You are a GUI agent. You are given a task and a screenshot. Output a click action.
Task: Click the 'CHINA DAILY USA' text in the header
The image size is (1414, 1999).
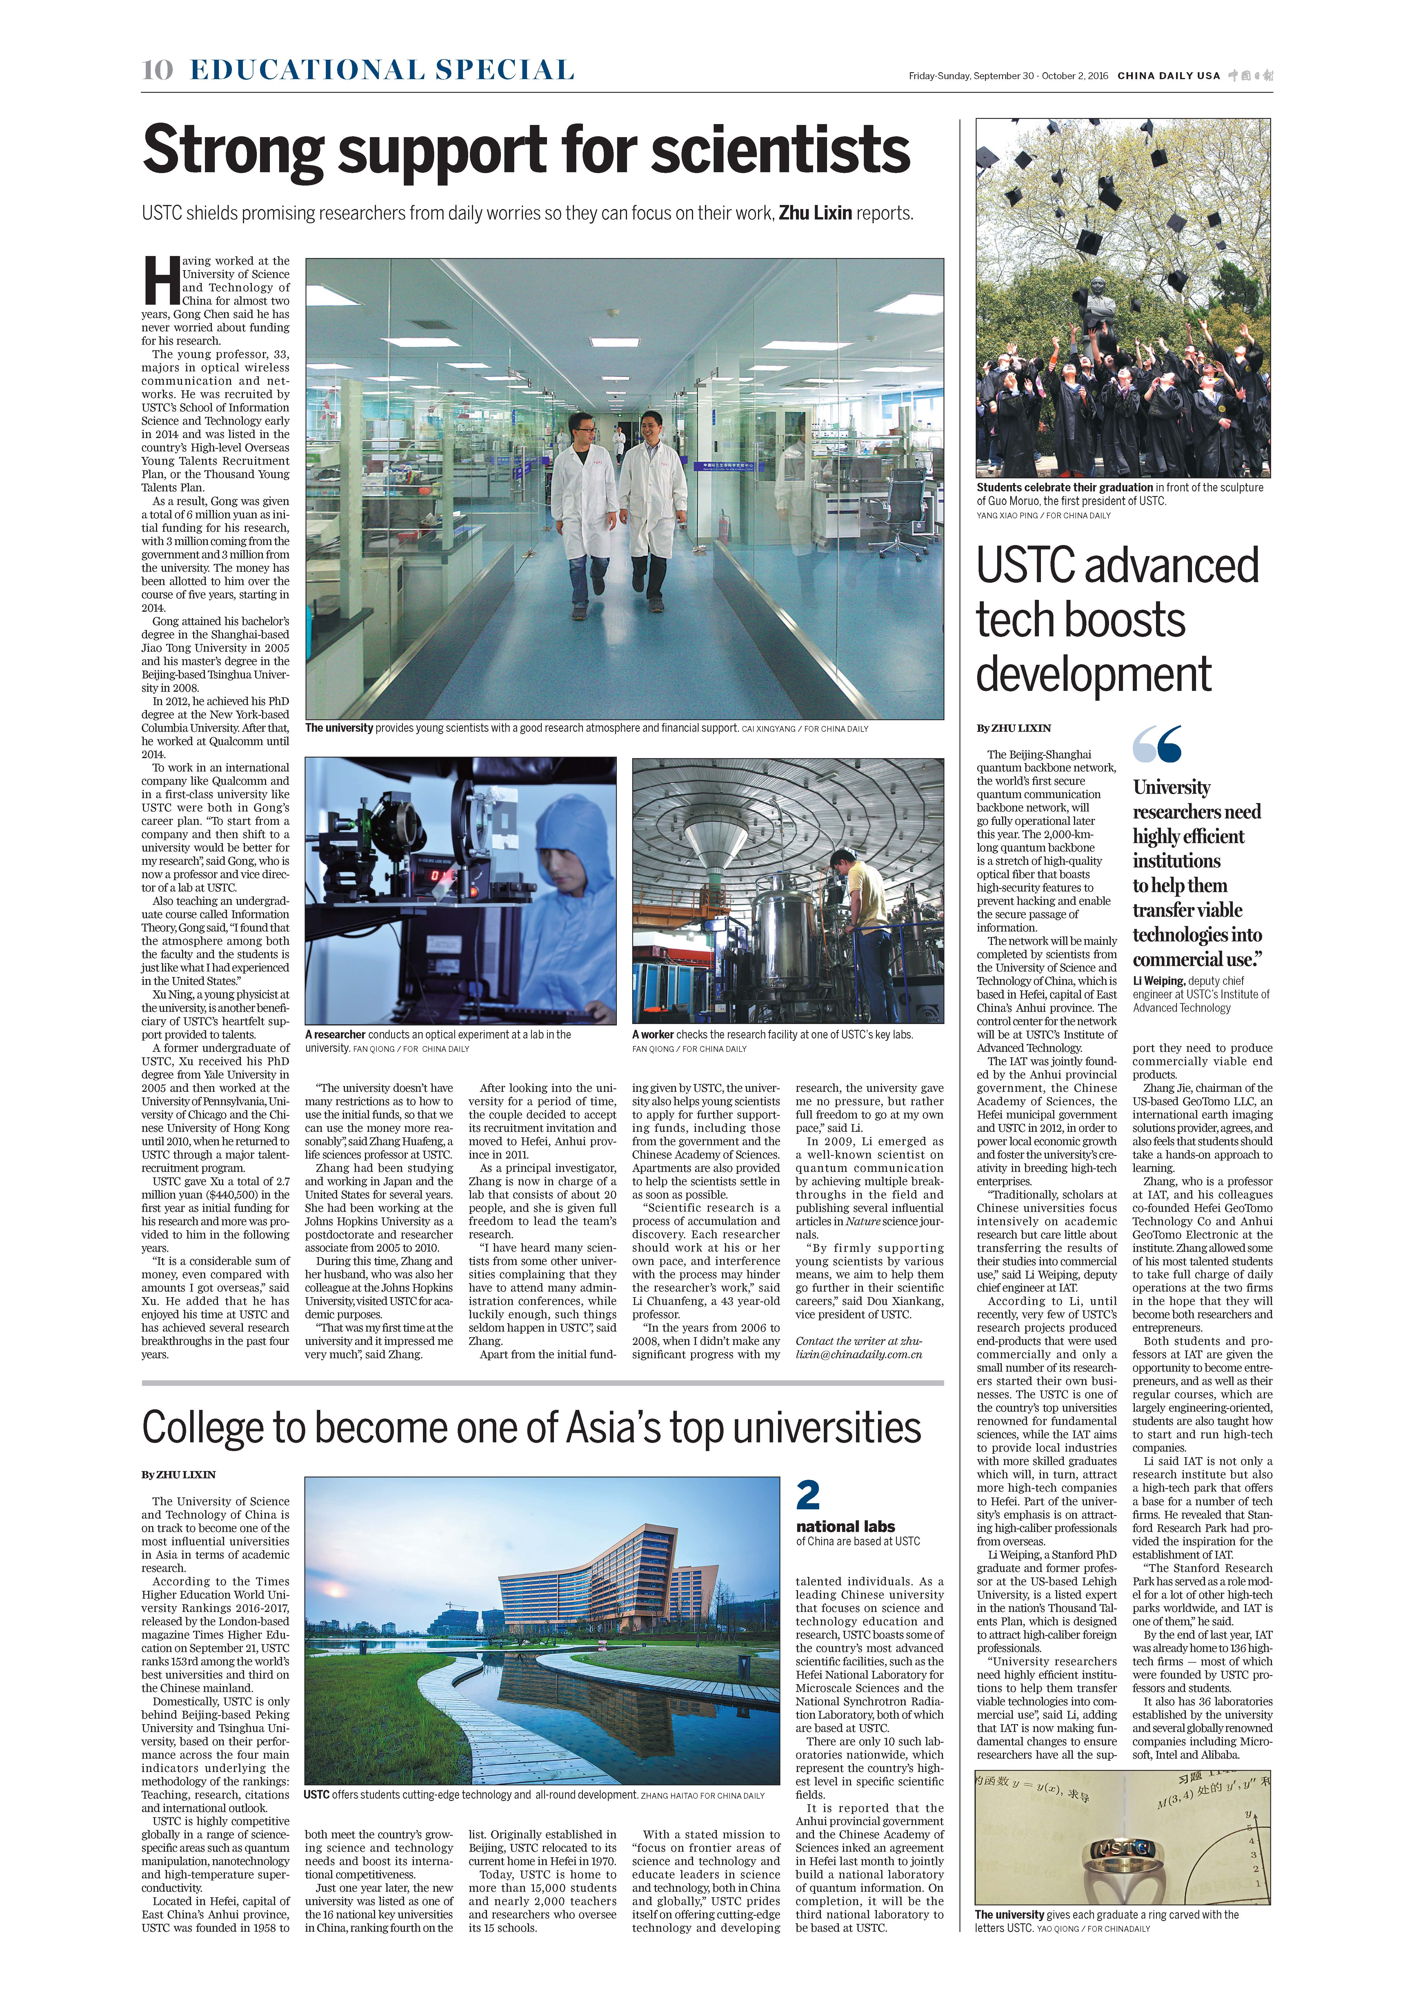[x=1168, y=76]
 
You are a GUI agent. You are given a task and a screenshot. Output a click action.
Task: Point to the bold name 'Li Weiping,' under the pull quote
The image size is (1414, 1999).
[x=1158, y=980]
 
